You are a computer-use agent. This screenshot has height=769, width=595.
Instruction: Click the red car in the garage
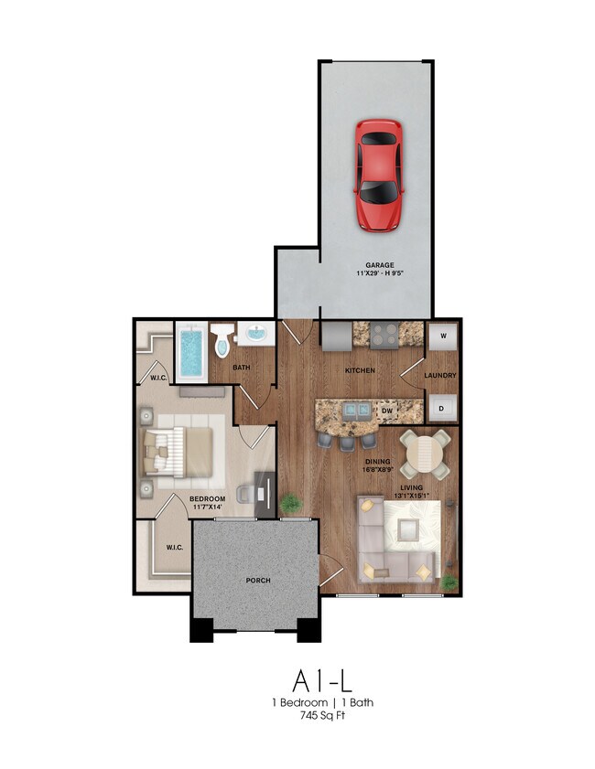[x=379, y=176]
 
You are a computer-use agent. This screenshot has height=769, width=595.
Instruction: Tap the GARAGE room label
[x=380, y=265]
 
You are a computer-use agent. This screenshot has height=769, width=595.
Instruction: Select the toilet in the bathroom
[x=222, y=339]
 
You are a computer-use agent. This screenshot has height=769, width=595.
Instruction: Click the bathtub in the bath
[x=191, y=352]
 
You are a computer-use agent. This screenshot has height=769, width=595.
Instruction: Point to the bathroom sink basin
[x=255, y=334]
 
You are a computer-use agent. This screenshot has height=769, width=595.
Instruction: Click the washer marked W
[x=443, y=336]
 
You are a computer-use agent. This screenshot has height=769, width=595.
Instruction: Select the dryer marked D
[x=442, y=408]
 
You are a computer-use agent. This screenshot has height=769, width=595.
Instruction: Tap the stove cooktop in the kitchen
[x=384, y=336]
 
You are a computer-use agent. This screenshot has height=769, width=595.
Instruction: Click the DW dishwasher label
[x=387, y=411]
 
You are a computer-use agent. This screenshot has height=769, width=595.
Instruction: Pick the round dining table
[x=425, y=454]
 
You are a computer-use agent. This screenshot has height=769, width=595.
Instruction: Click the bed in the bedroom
[x=178, y=452]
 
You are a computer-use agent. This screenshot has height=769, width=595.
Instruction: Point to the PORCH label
[x=258, y=581]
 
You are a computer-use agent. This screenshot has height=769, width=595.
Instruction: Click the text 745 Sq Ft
[x=322, y=716]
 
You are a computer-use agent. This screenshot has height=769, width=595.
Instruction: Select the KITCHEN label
[x=361, y=370]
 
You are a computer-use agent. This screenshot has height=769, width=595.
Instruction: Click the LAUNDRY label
[x=440, y=375]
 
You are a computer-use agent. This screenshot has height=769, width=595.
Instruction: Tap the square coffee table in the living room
[x=408, y=529]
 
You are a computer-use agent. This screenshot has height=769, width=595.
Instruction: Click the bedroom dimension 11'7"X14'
[x=207, y=507]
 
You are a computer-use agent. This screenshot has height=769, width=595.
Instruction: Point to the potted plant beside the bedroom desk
[x=291, y=504]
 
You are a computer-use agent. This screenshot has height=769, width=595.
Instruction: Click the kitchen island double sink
[x=356, y=410]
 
